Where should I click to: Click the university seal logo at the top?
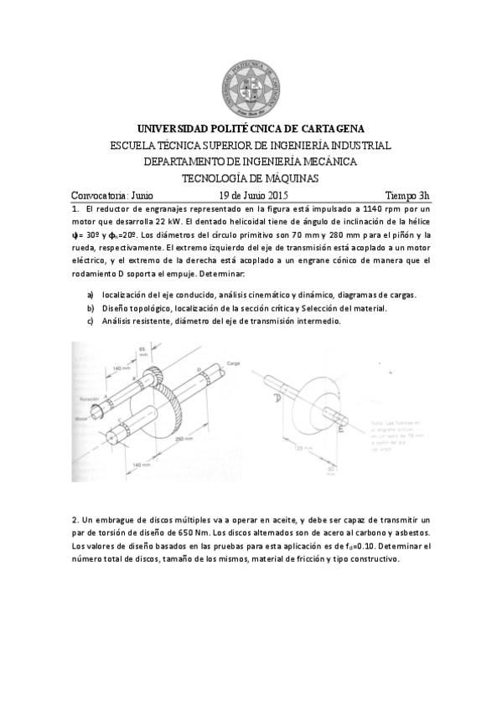tap(251, 80)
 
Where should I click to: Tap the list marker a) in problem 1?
tap(91, 296)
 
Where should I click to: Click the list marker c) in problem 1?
tap(91, 322)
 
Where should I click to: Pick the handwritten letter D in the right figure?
tap(277, 399)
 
